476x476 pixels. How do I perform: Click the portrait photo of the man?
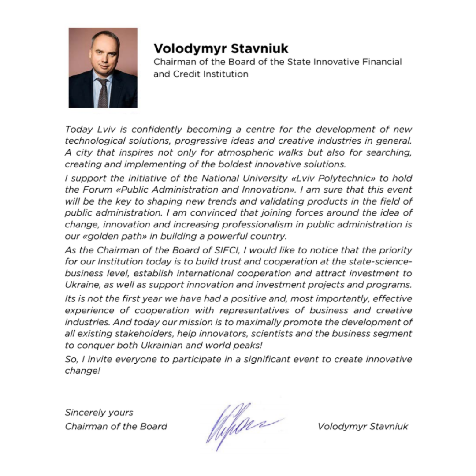coord(103,68)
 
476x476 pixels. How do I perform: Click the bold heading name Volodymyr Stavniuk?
coord(221,48)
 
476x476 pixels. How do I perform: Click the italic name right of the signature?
coord(362,426)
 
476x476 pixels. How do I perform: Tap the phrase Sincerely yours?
coord(99,413)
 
